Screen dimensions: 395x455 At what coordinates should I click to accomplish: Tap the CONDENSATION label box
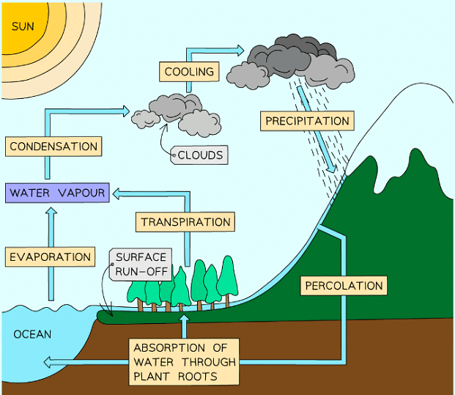53,147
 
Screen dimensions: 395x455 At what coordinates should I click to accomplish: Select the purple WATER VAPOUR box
57,193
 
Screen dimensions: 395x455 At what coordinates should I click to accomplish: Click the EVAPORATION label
51,257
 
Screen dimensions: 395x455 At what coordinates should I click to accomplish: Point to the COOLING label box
189,72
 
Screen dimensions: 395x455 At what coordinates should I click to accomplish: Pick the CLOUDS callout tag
200,155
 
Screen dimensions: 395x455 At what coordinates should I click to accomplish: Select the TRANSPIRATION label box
185,221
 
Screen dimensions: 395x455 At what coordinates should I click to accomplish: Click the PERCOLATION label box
343,285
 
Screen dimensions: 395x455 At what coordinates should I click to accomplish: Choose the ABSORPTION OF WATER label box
185,362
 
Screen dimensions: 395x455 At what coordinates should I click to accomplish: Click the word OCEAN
33,335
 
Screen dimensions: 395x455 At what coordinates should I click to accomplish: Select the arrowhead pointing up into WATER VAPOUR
51,212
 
